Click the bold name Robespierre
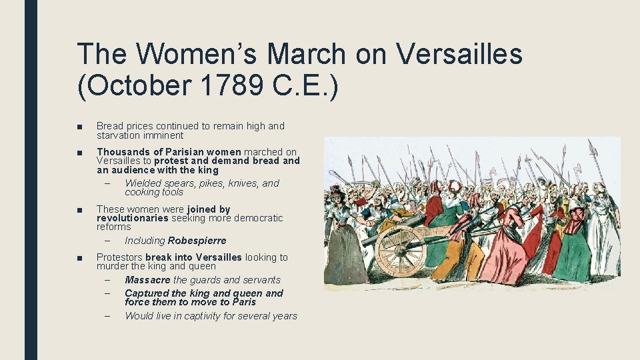pyautogui.click(x=197, y=241)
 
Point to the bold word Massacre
pyautogui.click(x=147, y=280)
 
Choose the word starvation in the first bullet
pyautogui.click(x=119, y=135)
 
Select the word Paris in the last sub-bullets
pyautogui.click(x=243, y=302)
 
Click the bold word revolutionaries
pyautogui.click(x=133, y=218)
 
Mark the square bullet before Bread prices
pyautogui.click(x=79, y=126)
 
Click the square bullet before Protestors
pyautogui.click(x=79, y=258)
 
